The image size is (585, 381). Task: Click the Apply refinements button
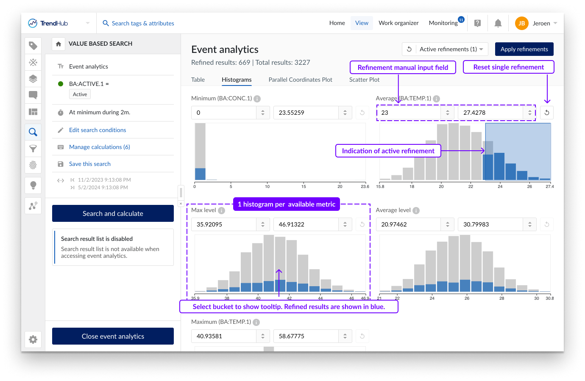[x=524, y=49]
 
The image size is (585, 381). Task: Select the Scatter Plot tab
[x=364, y=80]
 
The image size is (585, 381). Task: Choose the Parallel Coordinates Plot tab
[x=300, y=80]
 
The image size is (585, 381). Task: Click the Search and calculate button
[x=113, y=213]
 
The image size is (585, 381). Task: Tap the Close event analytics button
[x=113, y=336]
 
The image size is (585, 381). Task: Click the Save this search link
[x=89, y=164]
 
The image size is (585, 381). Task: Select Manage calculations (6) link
[x=99, y=147]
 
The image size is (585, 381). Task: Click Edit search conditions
[x=97, y=130]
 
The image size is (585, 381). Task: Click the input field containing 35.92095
[x=223, y=224]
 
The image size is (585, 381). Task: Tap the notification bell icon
[x=498, y=23]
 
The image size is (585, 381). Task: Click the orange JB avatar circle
[x=521, y=23]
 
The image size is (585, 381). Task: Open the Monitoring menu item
[x=443, y=23]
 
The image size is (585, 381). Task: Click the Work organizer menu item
[x=398, y=23]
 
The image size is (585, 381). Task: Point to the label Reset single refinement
[x=508, y=67]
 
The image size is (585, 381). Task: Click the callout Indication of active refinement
[x=388, y=151]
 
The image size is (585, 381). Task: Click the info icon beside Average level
[x=416, y=210]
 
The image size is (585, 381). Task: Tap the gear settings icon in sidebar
[x=33, y=340]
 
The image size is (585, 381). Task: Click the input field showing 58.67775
[x=306, y=336]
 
